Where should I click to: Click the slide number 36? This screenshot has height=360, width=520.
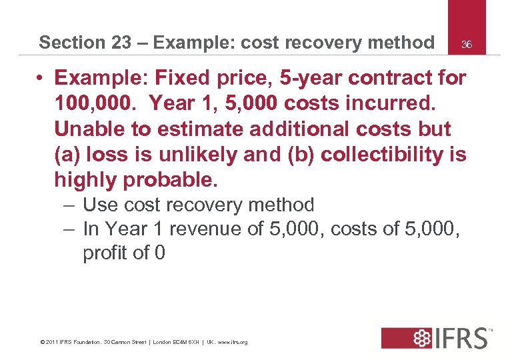pos(467,45)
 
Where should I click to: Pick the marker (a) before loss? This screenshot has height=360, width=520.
pos(69,155)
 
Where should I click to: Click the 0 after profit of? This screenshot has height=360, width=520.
pos(159,253)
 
